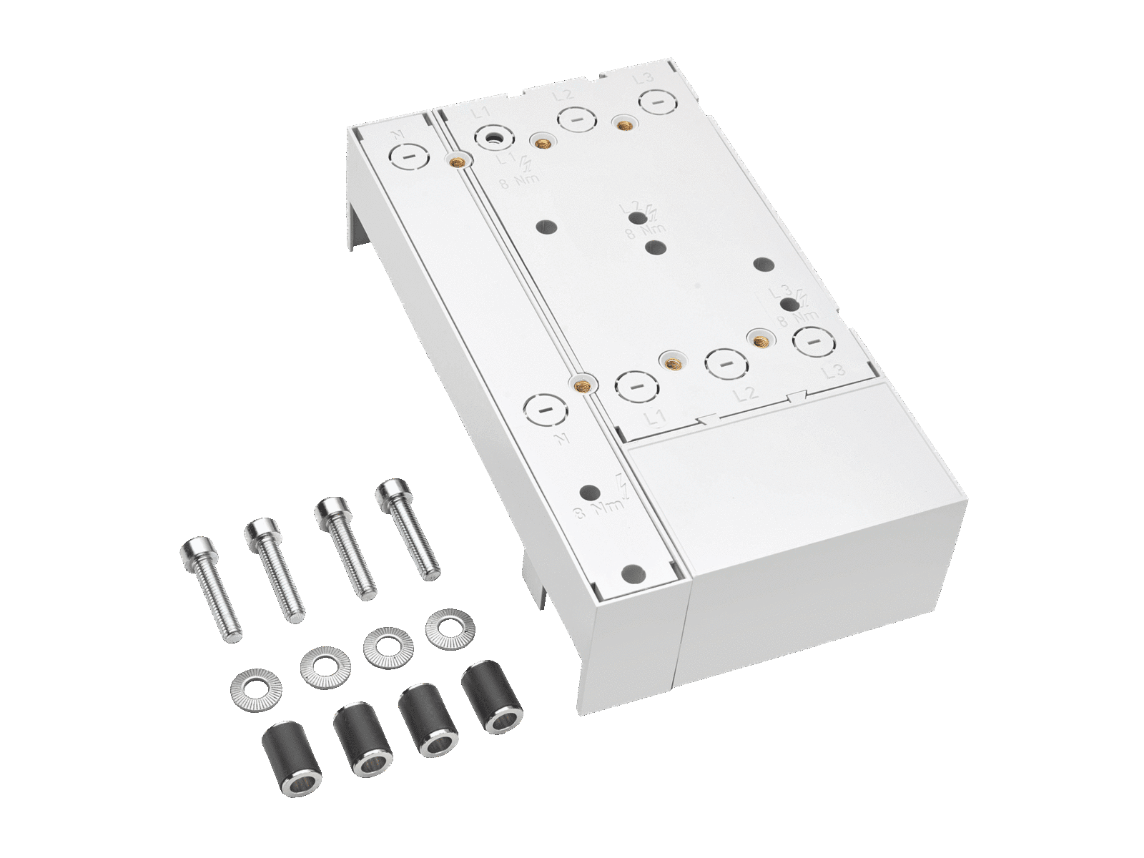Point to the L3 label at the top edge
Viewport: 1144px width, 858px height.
coord(641,78)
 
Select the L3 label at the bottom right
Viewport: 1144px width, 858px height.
coord(833,371)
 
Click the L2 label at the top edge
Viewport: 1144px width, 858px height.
coord(563,94)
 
